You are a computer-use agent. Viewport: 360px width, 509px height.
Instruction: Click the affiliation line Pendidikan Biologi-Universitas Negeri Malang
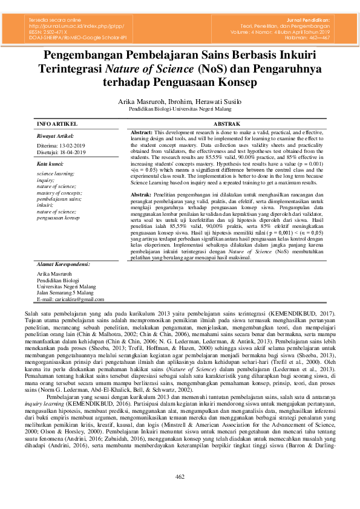point(180,110)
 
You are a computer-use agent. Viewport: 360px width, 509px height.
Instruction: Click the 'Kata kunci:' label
point(50,164)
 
